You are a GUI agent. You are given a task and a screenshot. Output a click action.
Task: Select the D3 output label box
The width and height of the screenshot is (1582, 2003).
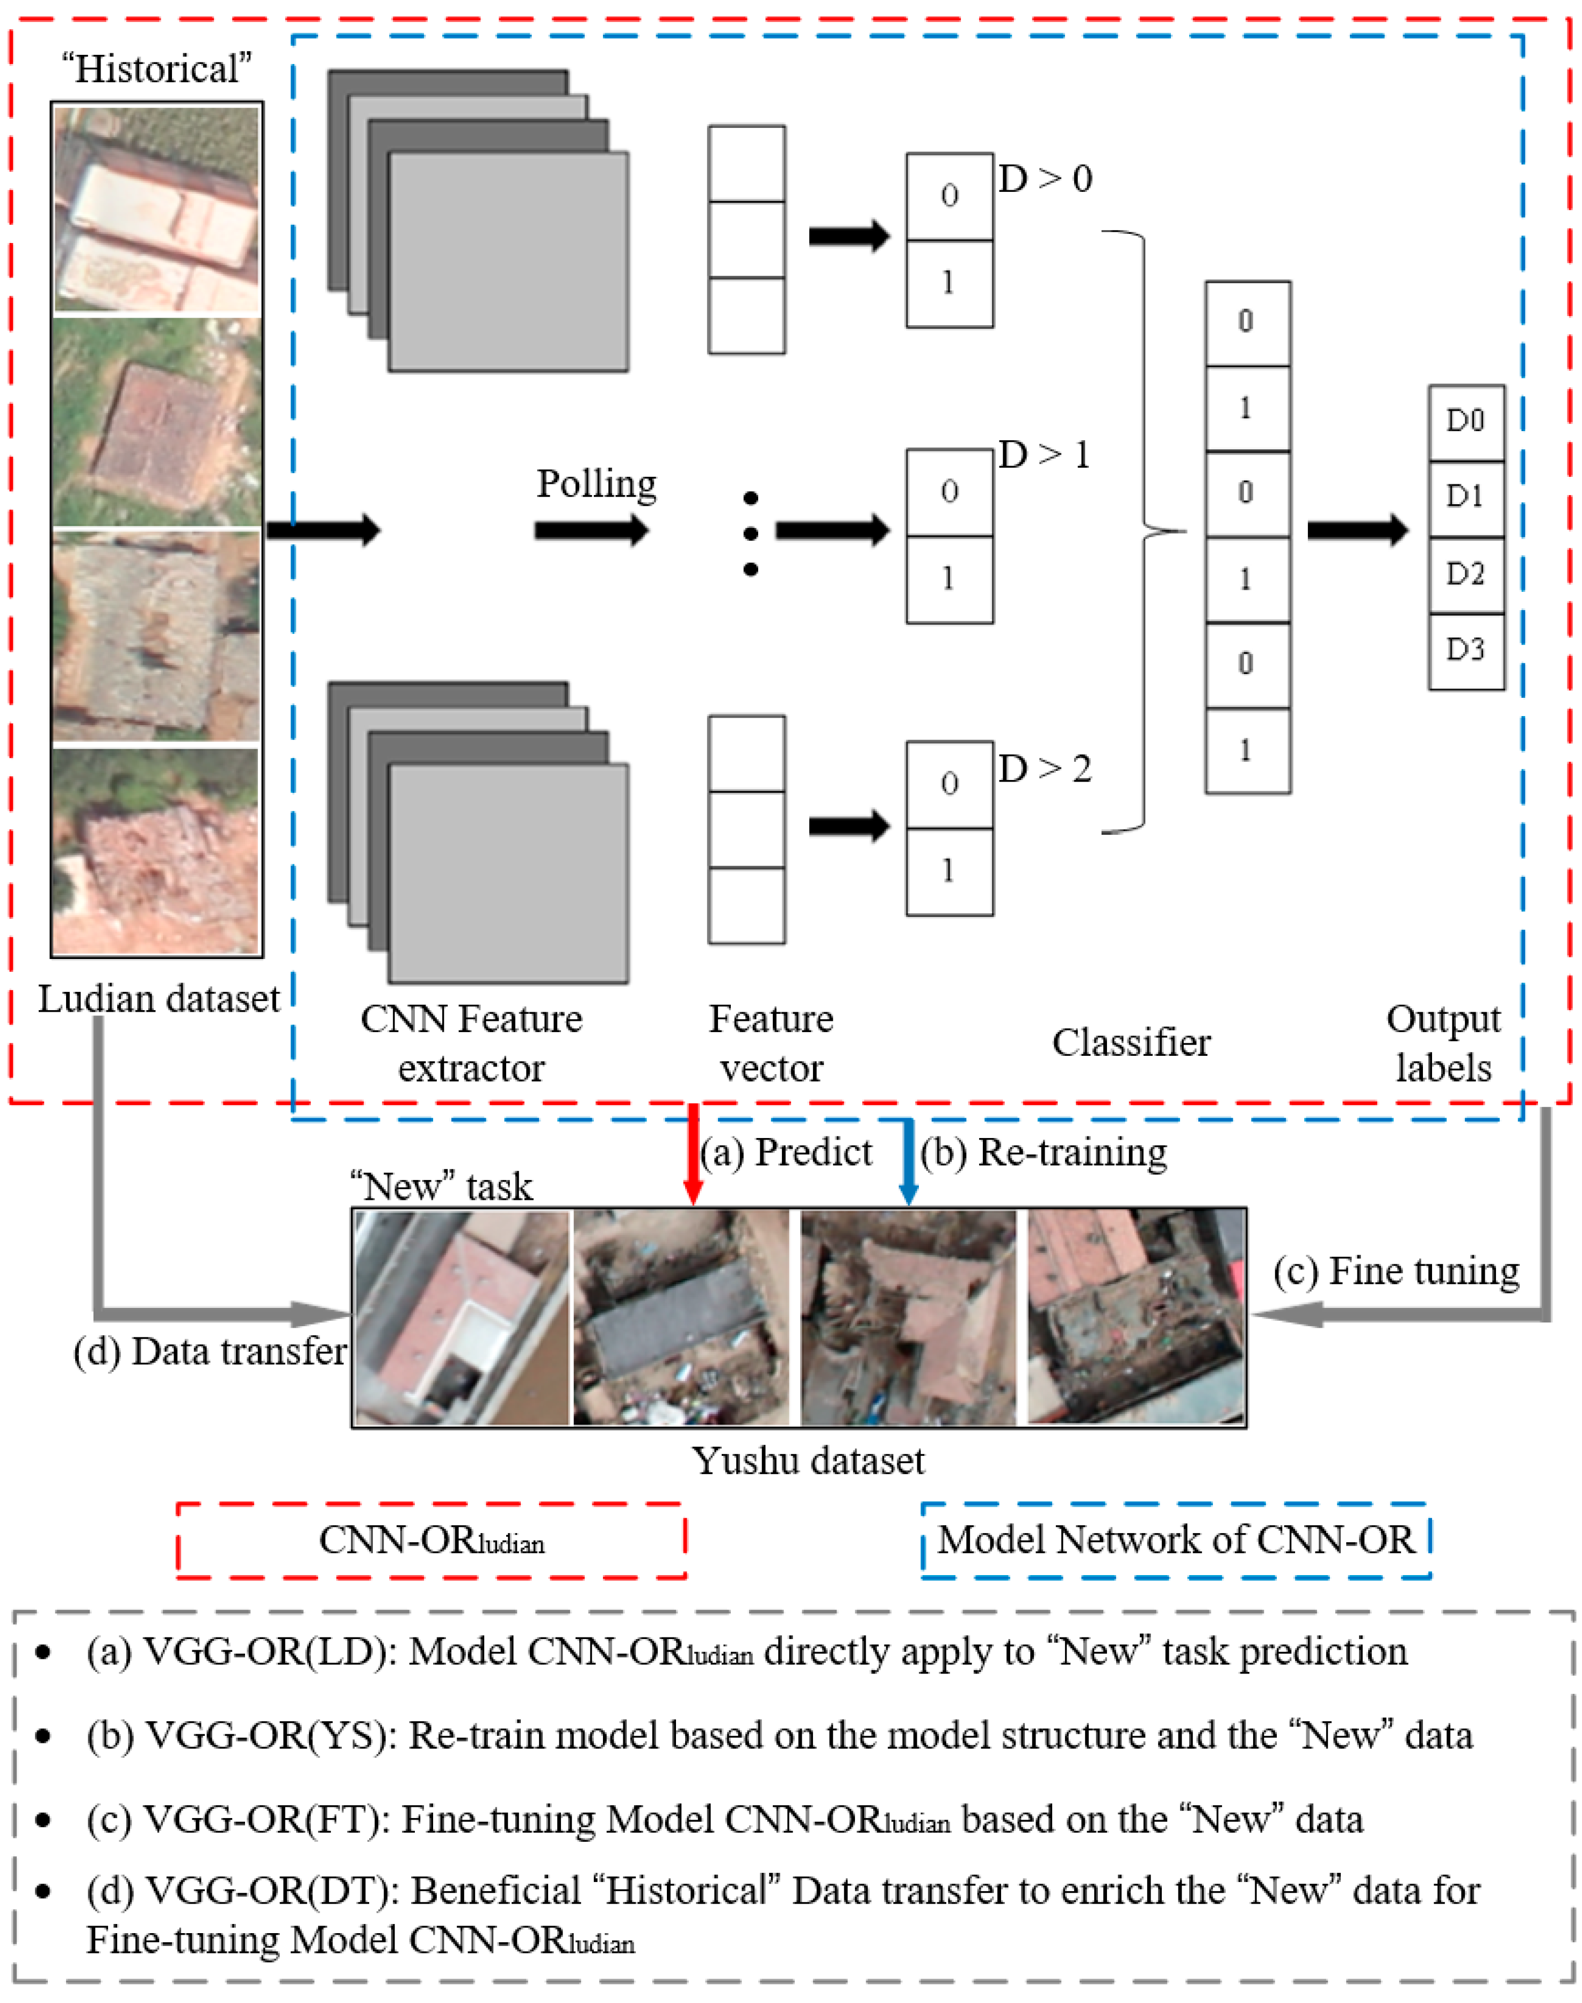pos(1465,650)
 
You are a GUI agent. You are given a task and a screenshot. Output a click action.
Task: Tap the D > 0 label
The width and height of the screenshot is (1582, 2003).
pos(1045,179)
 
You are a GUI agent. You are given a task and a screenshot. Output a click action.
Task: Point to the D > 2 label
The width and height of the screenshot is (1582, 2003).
pos(1045,769)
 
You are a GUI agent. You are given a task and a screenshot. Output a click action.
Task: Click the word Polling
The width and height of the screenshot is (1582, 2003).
pos(596,484)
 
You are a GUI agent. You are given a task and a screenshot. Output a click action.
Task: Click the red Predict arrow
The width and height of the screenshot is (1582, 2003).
pos(692,1154)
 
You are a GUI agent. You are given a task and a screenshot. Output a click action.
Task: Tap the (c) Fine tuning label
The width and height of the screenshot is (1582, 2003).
pos(1396,1271)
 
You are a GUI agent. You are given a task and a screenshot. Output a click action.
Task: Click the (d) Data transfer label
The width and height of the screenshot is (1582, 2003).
pos(210,1351)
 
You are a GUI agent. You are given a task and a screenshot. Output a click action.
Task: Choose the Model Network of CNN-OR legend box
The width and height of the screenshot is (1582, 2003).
pos(1175,1540)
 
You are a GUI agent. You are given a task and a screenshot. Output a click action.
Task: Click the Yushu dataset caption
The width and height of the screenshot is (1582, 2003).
pos(808,1461)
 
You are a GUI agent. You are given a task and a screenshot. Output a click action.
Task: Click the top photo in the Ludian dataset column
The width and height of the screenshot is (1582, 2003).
pos(156,209)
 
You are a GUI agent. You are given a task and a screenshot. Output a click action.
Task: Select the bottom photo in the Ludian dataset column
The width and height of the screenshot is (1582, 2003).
pos(156,850)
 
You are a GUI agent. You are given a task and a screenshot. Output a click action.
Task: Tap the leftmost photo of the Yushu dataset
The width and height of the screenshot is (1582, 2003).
pos(461,1318)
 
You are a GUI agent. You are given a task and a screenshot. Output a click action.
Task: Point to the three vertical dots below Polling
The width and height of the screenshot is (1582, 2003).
pos(750,534)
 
